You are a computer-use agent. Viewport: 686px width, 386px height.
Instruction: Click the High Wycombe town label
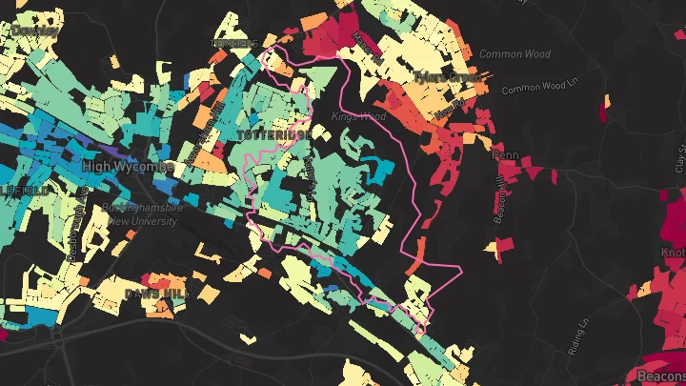click(128, 167)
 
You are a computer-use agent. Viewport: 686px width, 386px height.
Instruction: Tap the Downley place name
click(32, 30)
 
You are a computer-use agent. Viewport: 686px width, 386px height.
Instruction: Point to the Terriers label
click(233, 44)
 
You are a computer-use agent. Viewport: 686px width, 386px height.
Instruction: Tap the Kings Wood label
click(358, 116)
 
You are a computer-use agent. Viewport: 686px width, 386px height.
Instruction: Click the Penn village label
click(503, 154)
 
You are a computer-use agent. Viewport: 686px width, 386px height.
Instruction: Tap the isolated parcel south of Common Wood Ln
click(603, 110)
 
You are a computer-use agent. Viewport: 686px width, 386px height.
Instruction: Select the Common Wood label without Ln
click(514, 54)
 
